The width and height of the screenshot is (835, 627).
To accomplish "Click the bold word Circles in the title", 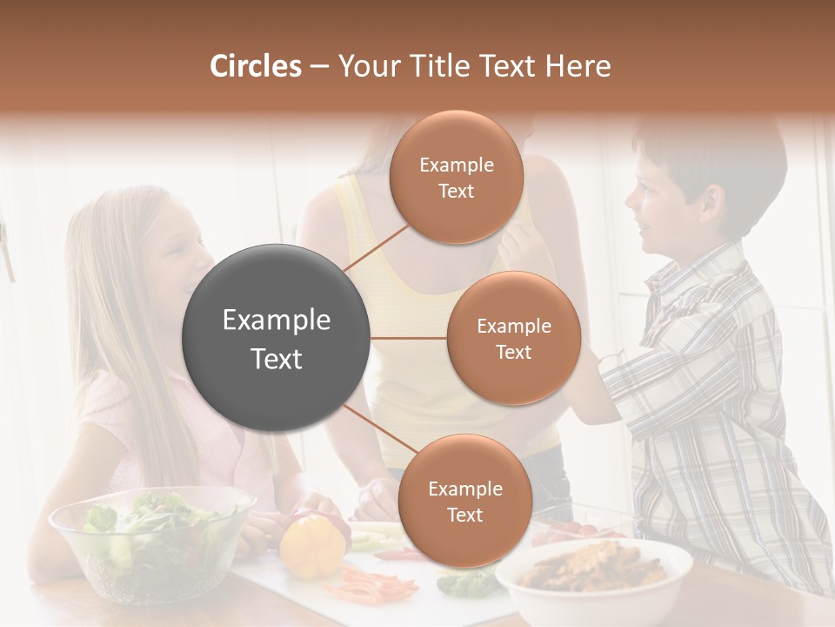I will tap(255, 66).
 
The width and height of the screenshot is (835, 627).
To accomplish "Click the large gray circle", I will tap(277, 338).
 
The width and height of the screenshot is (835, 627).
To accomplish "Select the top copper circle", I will tap(456, 177).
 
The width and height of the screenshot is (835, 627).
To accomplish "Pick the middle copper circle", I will tap(513, 338).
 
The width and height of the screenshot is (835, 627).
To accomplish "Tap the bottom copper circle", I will tap(464, 501).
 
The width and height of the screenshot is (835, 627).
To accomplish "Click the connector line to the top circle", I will tap(376, 248).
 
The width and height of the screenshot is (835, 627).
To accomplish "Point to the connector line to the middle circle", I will tap(408, 338).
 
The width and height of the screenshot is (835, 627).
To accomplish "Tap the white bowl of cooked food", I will tap(599, 578).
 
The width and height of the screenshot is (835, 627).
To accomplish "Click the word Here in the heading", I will tap(578, 66).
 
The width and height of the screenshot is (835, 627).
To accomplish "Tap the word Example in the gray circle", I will tap(277, 320).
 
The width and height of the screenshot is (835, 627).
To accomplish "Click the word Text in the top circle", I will tap(456, 191).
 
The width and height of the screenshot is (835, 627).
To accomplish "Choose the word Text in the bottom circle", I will tap(464, 515).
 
